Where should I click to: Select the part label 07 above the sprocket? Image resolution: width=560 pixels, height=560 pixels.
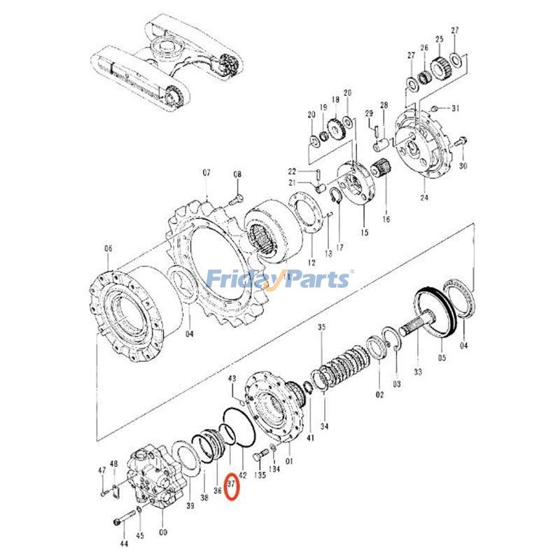(x=206, y=172)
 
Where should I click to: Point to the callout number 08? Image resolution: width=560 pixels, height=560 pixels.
(x=237, y=175)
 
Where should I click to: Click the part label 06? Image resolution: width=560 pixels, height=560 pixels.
(x=108, y=248)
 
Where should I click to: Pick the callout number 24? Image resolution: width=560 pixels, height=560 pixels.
(x=423, y=197)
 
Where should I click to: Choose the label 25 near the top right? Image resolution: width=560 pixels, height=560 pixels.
(x=439, y=39)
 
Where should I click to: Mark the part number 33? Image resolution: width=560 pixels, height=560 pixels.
(x=418, y=372)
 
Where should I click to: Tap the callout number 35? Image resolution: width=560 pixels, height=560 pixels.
(x=321, y=328)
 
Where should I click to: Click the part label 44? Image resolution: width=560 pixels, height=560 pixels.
(x=124, y=543)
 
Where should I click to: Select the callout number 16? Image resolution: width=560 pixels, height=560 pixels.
(x=385, y=219)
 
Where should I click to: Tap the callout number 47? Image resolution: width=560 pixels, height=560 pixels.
(x=101, y=470)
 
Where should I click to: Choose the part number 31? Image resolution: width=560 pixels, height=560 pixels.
(x=455, y=108)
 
